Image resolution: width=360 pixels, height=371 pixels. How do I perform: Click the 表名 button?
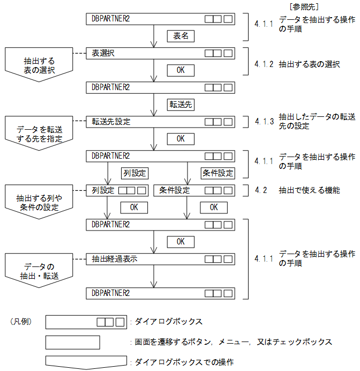pyautogui.click(x=180, y=36)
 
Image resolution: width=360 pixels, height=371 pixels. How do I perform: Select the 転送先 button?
pyautogui.click(x=180, y=104)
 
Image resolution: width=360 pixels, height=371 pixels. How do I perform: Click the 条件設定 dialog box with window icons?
pyautogui.click(x=194, y=190)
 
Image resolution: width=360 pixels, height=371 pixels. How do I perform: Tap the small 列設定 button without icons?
pyautogui.click(x=134, y=173)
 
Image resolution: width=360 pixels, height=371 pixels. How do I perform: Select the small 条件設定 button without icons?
pyautogui.click(x=217, y=173)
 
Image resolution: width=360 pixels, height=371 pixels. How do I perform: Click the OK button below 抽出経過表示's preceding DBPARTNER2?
pyautogui.click(x=180, y=241)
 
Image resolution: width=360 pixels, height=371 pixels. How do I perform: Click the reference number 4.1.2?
pyautogui.click(x=264, y=64)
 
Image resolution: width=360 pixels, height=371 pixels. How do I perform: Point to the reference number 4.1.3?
pyautogui.click(x=264, y=122)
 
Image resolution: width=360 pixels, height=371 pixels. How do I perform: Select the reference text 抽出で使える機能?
pyautogui.click(x=309, y=190)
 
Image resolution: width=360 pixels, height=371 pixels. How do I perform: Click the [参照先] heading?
pyautogui.click(x=304, y=6)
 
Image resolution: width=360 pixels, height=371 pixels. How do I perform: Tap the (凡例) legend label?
pyautogui.click(x=21, y=322)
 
